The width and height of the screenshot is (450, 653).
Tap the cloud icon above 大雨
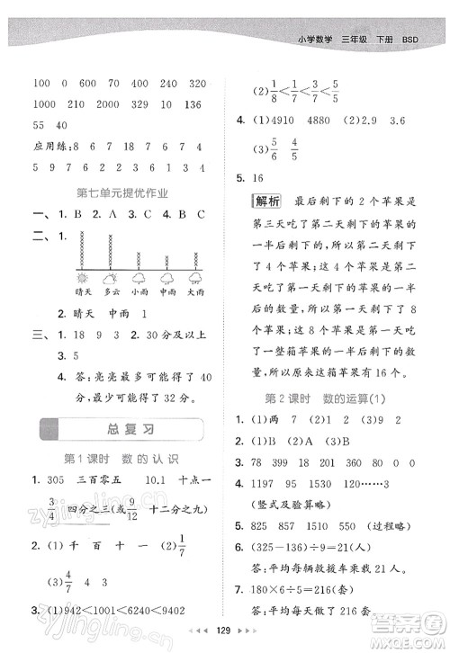pos(194,279)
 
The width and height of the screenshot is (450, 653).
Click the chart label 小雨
pos(139,292)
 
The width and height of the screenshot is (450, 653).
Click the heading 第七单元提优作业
pos(123,192)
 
